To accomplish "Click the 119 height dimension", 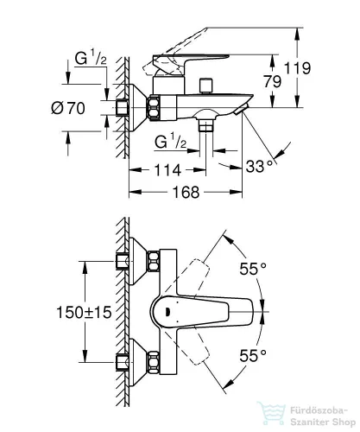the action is pos(297,68).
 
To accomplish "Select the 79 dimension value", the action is pos(273,81).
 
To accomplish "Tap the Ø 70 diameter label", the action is pos(68,108).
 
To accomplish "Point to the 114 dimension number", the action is pos(167,170).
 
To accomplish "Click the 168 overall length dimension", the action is pos(186,192).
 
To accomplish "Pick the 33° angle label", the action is pos(259,166).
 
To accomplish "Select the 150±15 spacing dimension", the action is pos(84,312).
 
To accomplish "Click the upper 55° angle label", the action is pos(253,269).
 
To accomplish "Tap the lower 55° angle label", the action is pos(253,355).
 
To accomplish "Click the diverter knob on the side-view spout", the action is pos(206,86).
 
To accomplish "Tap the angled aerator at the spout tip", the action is pos(241,110).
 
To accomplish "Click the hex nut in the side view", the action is pos(154,108).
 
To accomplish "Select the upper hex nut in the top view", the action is pos(154,261).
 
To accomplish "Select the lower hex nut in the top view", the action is pos(154,362).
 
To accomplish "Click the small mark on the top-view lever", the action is pos(167,312).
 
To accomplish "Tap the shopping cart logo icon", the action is pos(271,414).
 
